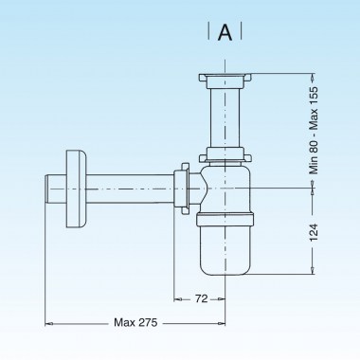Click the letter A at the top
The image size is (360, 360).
coord(225,32)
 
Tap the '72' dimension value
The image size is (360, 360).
coord(200,298)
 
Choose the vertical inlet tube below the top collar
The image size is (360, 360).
coord(225,118)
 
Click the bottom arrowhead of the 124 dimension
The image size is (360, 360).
coord(314,270)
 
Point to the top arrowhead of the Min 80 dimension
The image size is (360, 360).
coord(314,78)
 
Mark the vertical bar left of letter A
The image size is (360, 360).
coord(208,32)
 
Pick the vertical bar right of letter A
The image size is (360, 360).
coord(241,32)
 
